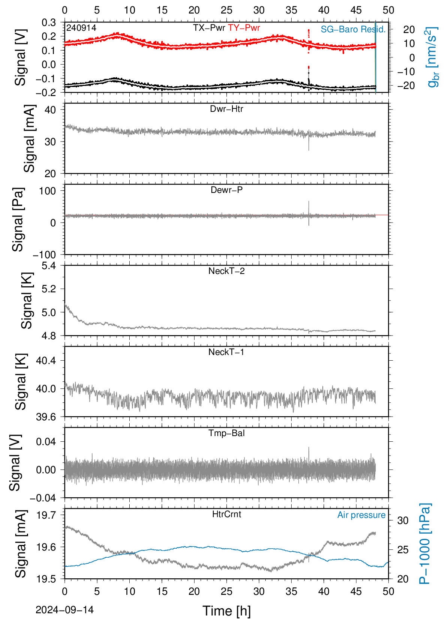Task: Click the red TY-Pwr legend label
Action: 244,28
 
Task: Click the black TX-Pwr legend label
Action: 209,28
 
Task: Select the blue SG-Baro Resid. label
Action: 353,29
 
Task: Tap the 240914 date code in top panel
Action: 81,28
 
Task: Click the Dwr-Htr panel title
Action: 226,109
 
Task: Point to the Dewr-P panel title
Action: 226,190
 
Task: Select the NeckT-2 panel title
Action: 226,271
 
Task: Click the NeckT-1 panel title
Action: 226,352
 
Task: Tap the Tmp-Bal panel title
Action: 226,433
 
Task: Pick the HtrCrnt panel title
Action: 226,514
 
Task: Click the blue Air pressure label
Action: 361,515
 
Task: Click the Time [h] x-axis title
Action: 226,611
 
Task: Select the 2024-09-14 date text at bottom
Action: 64,610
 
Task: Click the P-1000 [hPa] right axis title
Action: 424,543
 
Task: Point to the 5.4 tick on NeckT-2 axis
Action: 49,266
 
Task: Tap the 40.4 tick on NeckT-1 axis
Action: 46,361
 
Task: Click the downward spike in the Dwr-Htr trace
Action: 309,143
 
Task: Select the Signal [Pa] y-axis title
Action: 18,220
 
